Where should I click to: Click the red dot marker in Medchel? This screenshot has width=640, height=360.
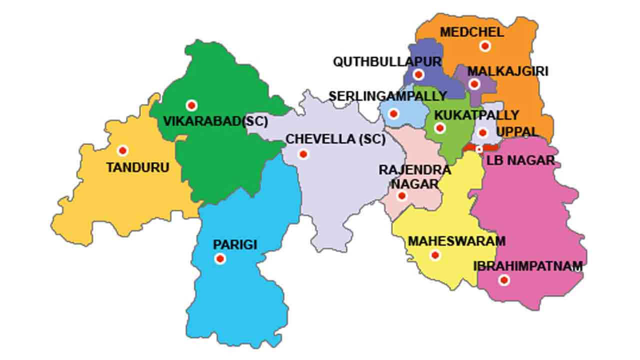tap(484, 46)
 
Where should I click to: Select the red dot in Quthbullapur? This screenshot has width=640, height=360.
tap(418, 75)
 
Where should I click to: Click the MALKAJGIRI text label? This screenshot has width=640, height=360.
tap(507, 71)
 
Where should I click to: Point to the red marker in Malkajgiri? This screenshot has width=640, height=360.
tap(474, 84)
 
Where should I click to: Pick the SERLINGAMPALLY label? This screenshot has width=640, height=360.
tap(387, 95)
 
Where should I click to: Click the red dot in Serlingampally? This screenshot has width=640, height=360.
tap(393, 114)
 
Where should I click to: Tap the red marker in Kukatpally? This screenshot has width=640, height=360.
tap(440, 128)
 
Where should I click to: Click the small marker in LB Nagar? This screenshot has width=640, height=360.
tap(479, 149)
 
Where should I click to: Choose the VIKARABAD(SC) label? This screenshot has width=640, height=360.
tap(215, 121)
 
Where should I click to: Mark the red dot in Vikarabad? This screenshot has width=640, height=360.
tap(191, 105)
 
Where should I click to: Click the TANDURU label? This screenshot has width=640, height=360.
tap(137, 167)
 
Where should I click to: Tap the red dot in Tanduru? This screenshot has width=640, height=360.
tap(122, 150)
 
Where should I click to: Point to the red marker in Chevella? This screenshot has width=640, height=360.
tap(302, 154)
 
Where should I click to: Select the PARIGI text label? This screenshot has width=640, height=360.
tap(235, 245)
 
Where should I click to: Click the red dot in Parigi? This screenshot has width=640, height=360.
tap(219, 259)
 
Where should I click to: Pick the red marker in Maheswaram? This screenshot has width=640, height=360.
tap(435, 255)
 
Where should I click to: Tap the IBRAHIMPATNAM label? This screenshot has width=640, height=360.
tap(528, 266)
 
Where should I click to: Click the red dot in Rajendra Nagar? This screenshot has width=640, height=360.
tap(401, 196)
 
